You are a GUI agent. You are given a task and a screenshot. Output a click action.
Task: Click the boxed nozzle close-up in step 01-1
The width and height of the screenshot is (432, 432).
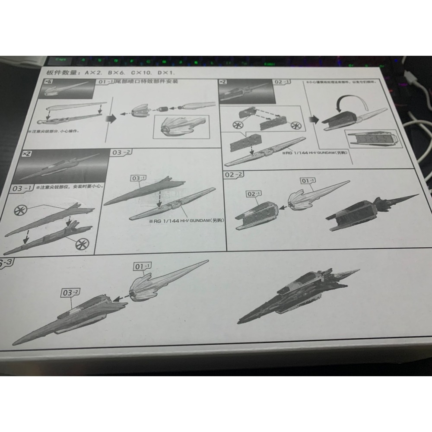[x=181, y=127]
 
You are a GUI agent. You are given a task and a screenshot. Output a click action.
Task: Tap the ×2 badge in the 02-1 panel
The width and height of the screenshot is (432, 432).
[x=224, y=81]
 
